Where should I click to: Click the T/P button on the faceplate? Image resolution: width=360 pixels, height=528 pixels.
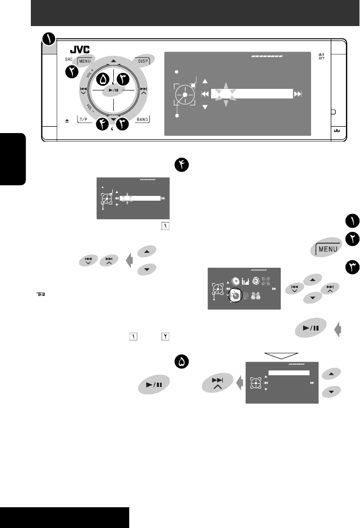(85, 120)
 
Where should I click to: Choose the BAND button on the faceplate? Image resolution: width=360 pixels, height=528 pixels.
(142, 120)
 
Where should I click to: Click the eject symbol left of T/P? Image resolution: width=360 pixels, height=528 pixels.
(66, 121)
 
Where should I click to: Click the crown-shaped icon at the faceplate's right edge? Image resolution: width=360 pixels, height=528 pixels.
(337, 130)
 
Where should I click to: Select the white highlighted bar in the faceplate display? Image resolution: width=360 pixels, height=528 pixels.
(253, 94)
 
